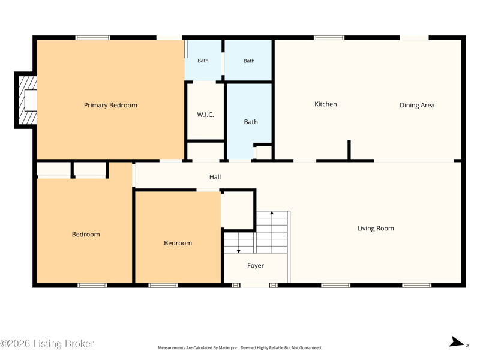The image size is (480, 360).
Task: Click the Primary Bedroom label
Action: point(110,106)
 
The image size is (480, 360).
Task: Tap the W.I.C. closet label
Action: point(205,115)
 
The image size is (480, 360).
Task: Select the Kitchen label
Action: point(326,104)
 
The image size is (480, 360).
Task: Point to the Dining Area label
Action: point(417,106)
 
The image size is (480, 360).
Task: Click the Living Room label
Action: point(376,229)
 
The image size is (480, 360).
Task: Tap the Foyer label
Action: point(256,266)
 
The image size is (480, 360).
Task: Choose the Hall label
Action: point(215,177)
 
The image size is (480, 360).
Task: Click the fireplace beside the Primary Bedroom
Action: point(26,100)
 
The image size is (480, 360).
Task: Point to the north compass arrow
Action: point(457,342)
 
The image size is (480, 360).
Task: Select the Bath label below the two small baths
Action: point(251,122)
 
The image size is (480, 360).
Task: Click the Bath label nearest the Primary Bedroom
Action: point(203,61)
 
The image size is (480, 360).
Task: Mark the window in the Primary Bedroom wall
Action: point(93,38)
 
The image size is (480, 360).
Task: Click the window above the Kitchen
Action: point(329,38)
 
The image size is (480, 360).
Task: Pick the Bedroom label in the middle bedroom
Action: point(178,243)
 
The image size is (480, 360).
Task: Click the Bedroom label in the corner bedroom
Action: point(86,235)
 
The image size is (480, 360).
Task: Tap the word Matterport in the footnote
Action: point(229,348)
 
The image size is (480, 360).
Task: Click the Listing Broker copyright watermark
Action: point(47,343)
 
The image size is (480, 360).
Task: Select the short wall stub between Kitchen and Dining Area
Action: point(349,149)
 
